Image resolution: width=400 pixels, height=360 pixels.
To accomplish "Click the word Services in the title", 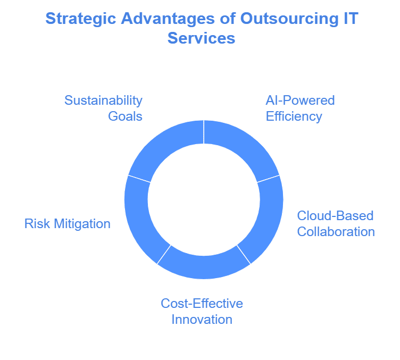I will click(x=201, y=38).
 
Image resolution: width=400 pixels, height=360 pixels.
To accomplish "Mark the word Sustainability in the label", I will click(x=103, y=101).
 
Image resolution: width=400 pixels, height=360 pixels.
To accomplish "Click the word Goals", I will click(x=126, y=116).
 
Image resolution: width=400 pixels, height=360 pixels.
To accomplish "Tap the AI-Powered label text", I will click(x=300, y=101).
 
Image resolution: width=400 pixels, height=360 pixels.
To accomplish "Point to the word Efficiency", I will click(x=294, y=116).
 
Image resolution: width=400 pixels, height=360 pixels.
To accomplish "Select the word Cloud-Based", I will click(x=335, y=216).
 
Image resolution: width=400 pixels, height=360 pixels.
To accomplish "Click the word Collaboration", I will click(x=336, y=231).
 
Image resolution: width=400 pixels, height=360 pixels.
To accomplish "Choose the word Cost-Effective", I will click(x=202, y=304).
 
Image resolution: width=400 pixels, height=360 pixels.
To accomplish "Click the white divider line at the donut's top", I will click(x=204, y=132).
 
